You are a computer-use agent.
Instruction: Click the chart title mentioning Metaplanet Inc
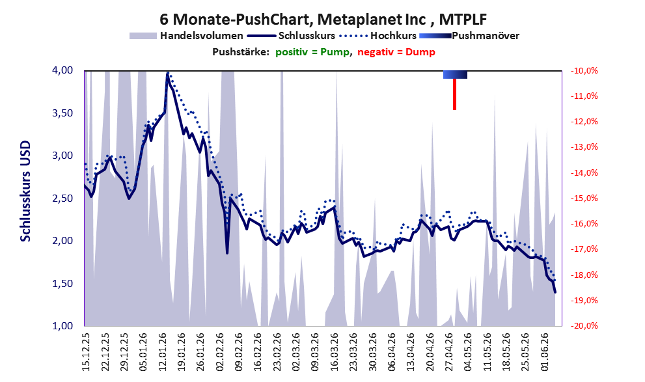(323, 19)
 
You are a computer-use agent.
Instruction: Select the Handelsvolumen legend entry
(186, 36)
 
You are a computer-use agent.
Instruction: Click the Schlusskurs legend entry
(291, 36)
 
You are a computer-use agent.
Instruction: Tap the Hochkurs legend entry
(378, 36)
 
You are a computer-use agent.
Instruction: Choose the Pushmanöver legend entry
(469, 36)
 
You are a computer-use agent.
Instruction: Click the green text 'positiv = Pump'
(312, 52)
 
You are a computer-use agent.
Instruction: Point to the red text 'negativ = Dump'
(396, 52)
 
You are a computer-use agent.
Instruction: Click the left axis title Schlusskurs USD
(25, 191)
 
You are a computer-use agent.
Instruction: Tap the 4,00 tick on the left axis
(62, 70)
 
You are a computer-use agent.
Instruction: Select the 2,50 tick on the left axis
(62, 198)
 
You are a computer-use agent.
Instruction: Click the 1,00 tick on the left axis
(62, 325)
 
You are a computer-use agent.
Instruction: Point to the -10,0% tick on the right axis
(584, 71)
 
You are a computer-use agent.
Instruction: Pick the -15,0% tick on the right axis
(584, 198)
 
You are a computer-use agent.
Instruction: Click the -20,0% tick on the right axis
(584, 325)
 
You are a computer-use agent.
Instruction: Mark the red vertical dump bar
(454, 94)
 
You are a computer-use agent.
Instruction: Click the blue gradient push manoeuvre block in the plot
(455, 74)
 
